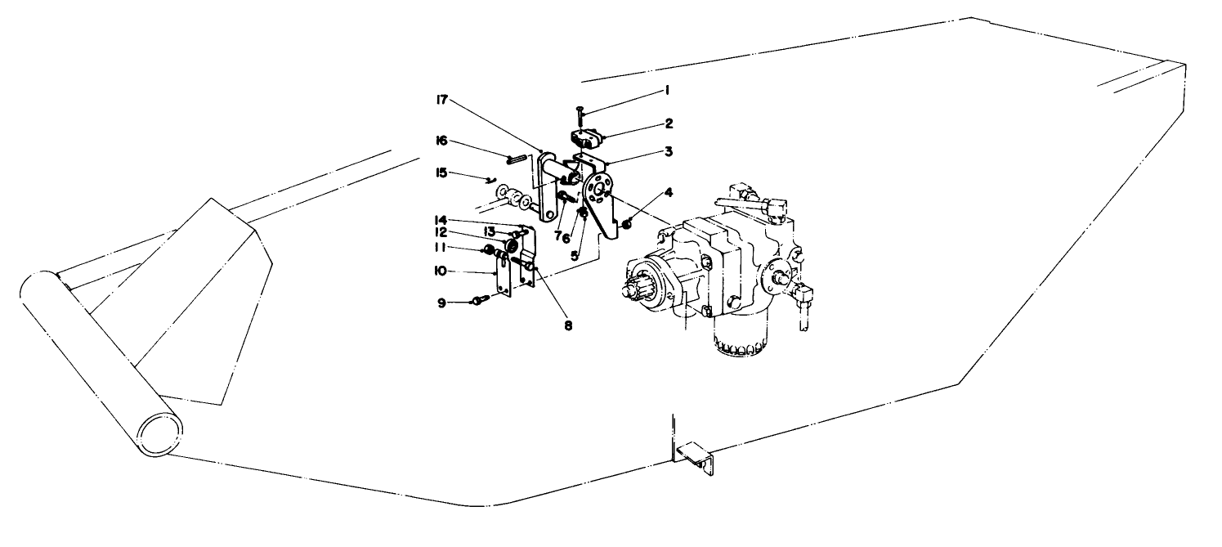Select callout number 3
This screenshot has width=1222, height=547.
(668, 152)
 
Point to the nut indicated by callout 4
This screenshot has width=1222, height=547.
(627, 223)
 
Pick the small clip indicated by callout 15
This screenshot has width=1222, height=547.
(488, 181)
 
